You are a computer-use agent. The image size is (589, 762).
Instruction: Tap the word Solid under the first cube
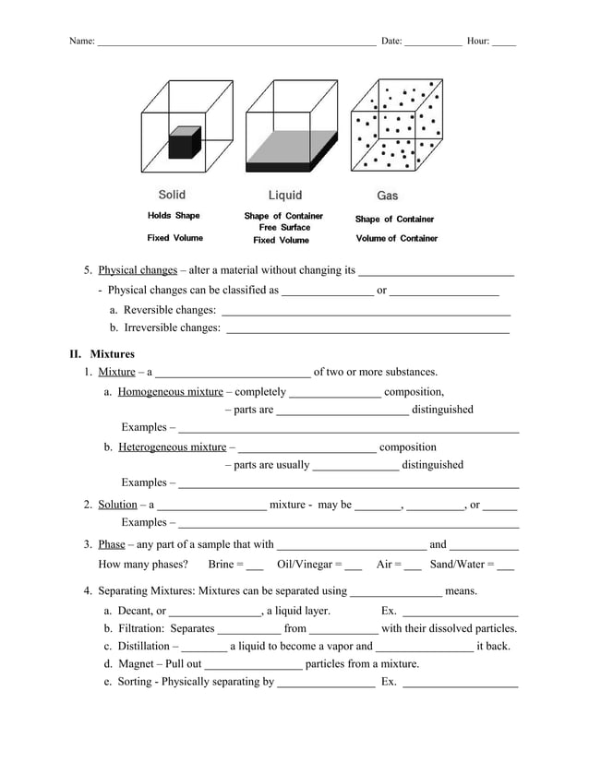click(172, 195)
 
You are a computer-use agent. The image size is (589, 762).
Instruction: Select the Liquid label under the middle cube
click(284, 196)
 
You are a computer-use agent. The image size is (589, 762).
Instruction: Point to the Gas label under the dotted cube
click(388, 196)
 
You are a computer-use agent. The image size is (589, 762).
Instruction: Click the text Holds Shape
click(174, 216)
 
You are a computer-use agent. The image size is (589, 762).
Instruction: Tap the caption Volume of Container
click(396, 239)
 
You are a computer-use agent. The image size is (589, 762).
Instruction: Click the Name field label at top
click(82, 42)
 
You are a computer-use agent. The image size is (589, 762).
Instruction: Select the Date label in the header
click(391, 42)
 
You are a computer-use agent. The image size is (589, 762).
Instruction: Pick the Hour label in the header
click(478, 42)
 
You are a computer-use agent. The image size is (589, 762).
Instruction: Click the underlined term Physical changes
click(131, 271)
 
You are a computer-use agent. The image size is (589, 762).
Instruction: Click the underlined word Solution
click(117, 505)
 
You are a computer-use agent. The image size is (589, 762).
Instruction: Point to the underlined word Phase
click(112, 544)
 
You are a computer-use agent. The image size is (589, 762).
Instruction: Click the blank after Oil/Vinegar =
click(353, 566)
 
